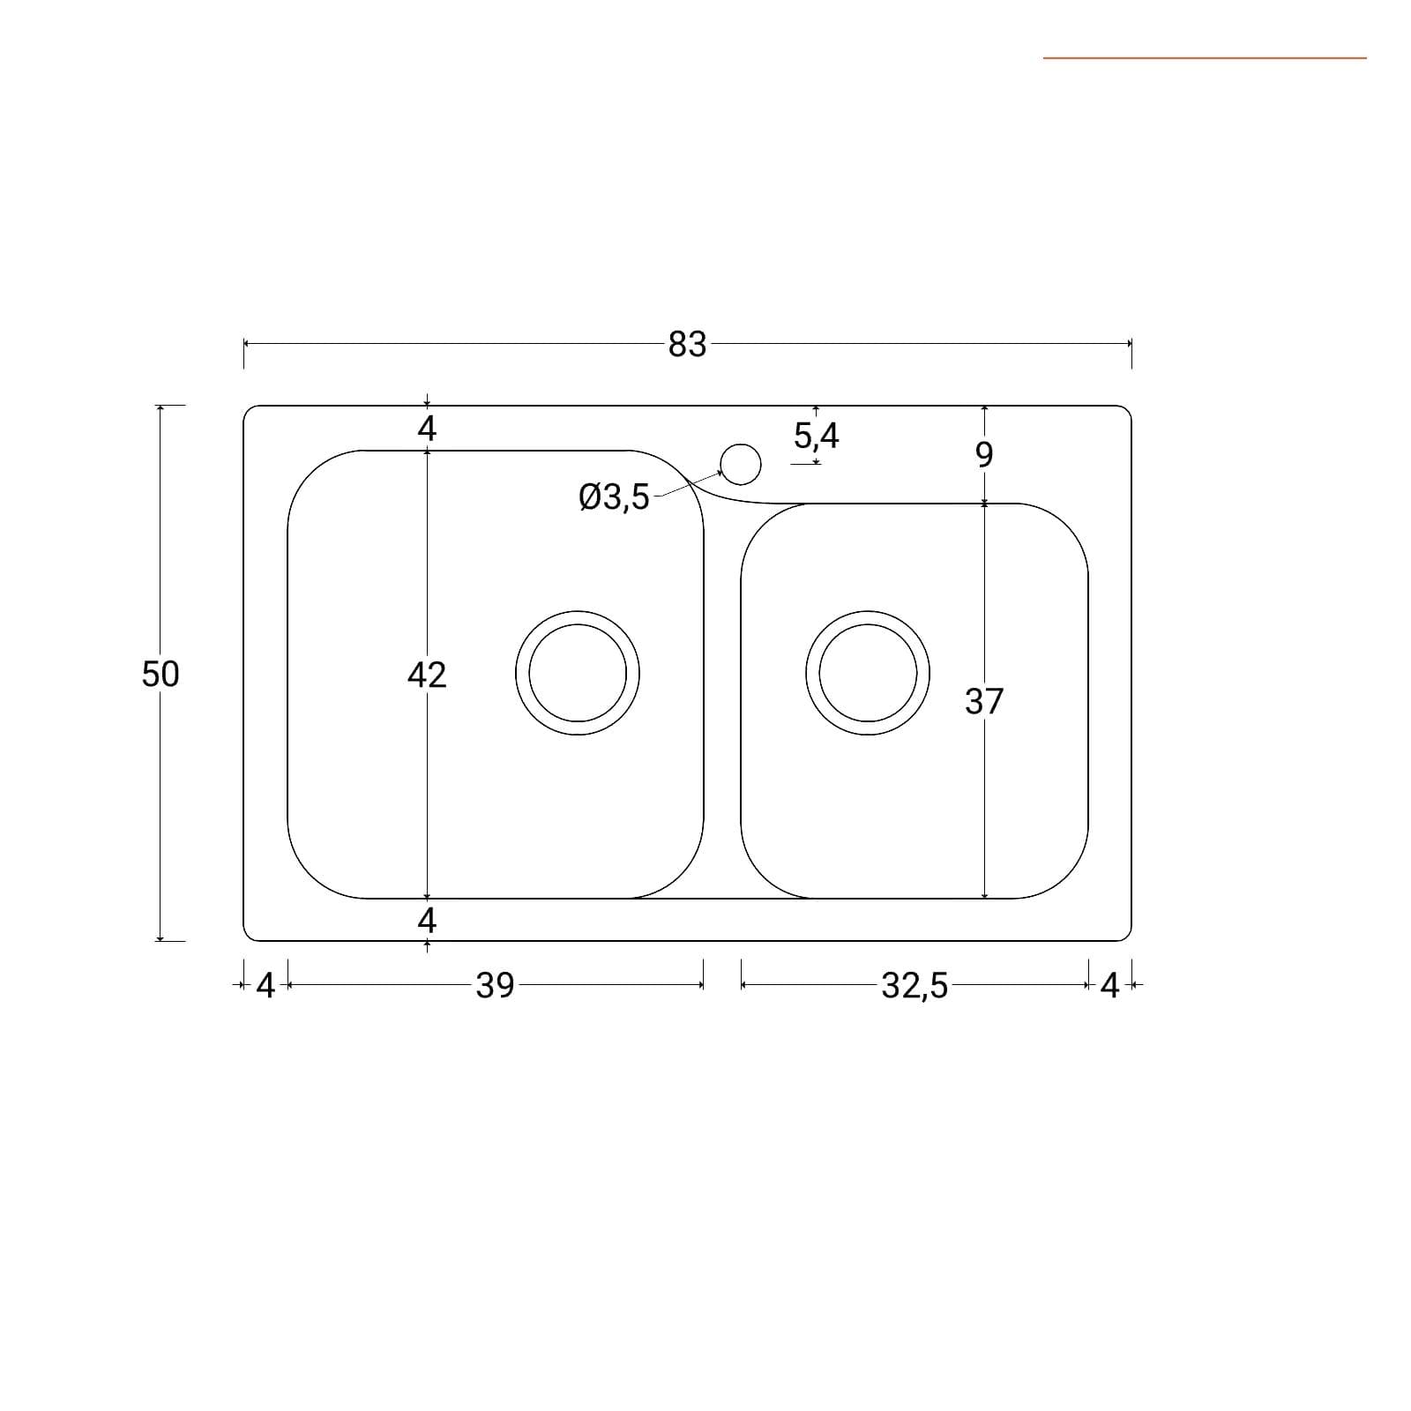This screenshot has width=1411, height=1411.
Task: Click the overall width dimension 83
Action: [x=687, y=344]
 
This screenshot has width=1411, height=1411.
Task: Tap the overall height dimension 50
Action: [x=161, y=674]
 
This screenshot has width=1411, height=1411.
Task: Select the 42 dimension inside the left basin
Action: [x=427, y=675]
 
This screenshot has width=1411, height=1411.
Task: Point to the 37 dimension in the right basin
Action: [x=984, y=701]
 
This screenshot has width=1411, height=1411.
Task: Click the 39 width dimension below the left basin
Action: [x=495, y=985]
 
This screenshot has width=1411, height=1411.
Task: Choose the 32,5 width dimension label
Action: [x=915, y=985]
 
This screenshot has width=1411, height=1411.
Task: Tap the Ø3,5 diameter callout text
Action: [x=614, y=497]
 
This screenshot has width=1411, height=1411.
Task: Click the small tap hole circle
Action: [x=741, y=464]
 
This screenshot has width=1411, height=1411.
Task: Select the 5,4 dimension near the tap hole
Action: [x=817, y=436]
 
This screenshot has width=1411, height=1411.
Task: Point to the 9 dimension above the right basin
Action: [x=984, y=454]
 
